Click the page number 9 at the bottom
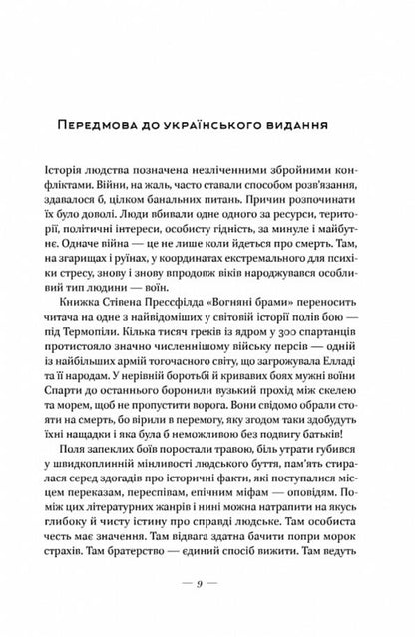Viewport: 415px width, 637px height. pyautogui.click(x=207, y=607)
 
